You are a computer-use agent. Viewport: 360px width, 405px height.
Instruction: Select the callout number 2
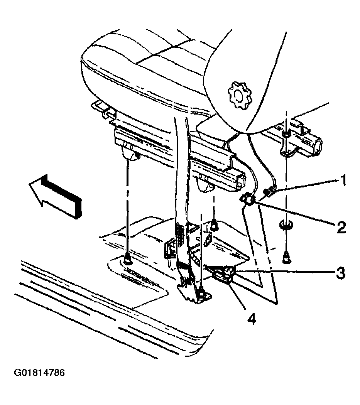[x=341, y=227]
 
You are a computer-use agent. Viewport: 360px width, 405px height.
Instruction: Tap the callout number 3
[x=341, y=273]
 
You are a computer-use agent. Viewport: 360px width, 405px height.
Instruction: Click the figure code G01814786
[x=39, y=373]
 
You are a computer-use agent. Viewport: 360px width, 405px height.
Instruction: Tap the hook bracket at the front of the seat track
[x=103, y=110]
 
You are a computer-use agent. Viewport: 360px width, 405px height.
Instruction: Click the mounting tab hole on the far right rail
[x=286, y=134]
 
